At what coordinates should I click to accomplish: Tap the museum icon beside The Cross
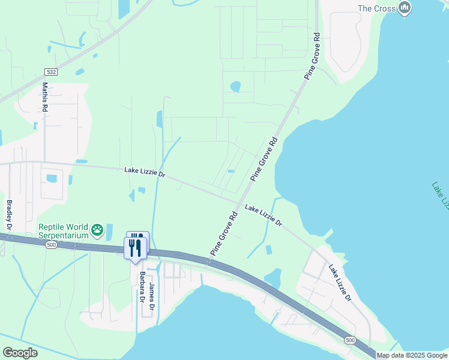406,8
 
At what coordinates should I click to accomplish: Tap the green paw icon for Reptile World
97,230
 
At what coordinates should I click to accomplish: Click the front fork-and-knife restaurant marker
134,247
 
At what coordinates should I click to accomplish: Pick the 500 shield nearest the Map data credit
350,340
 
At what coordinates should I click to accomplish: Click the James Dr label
152,296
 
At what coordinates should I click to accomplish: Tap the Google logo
20,352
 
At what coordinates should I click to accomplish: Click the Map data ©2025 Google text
412,355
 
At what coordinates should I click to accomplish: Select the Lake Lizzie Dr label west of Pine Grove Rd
145,172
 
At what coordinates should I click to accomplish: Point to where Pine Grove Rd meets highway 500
208,262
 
